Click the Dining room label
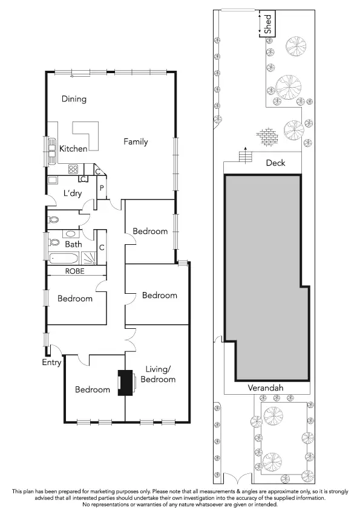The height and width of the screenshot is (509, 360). pyautogui.click(x=74, y=99)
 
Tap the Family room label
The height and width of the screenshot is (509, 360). pyautogui.click(x=136, y=142)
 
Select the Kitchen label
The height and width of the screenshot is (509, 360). pyautogui.click(x=73, y=149)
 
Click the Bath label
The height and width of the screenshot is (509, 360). pyautogui.click(x=73, y=245)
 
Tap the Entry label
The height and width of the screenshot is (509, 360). pyautogui.click(x=51, y=363)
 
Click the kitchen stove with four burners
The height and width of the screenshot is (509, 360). pyautogui.click(x=74, y=169)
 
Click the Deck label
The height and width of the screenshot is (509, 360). pyautogui.click(x=275, y=163)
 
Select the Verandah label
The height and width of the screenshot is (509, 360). pyautogui.click(x=265, y=387)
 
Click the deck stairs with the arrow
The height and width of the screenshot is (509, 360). pyautogui.click(x=245, y=157)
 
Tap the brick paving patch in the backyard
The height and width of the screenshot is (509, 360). pyautogui.click(x=266, y=136)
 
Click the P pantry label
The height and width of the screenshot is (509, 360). pyautogui.click(x=102, y=188)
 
